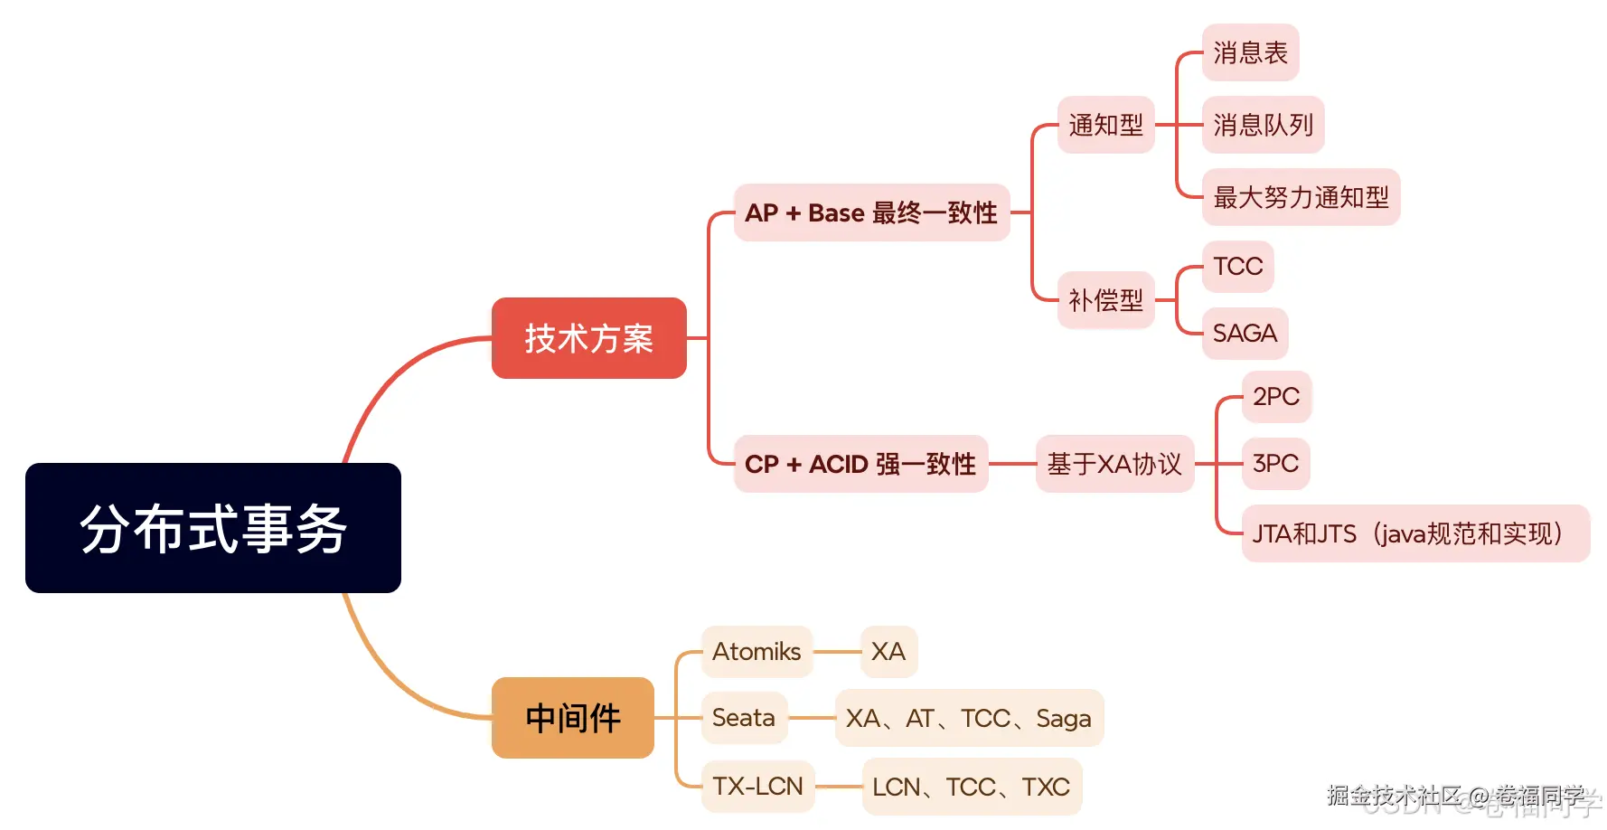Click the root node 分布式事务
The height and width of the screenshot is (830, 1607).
click(x=213, y=528)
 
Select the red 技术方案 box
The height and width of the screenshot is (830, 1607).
click(x=588, y=338)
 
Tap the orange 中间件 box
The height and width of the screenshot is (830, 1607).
click(x=572, y=718)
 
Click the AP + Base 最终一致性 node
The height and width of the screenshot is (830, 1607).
click(x=871, y=212)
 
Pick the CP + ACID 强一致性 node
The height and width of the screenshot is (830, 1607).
click(x=860, y=464)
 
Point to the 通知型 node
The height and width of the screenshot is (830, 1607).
click(x=1105, y=125)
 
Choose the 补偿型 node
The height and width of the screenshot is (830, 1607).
click(x=1105, y=300)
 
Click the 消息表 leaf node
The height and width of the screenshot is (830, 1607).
click(x=1250, y=52)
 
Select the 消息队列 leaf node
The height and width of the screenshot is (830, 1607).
click(x=1263, y=125)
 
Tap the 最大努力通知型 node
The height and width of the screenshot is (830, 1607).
click(x=1301, y=197)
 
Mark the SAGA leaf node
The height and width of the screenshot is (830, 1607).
click(x=1245, y=334)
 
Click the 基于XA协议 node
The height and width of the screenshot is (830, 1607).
click(x=1114, y=464)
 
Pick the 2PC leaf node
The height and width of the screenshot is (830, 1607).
click(x=1275, y=396)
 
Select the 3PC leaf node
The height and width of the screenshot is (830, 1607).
click(x=1275, y=464)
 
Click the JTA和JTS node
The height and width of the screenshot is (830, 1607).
click(x=1414, y=533)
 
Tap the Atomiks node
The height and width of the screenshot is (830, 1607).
click(x=757, y=651)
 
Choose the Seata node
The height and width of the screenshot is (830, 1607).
click(x=744, y=718)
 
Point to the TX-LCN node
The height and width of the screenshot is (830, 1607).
click(x=757, y=787)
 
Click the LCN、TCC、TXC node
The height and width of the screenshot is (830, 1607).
click(x=972, y=787)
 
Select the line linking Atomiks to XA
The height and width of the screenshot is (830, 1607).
click(x=837, y=652)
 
